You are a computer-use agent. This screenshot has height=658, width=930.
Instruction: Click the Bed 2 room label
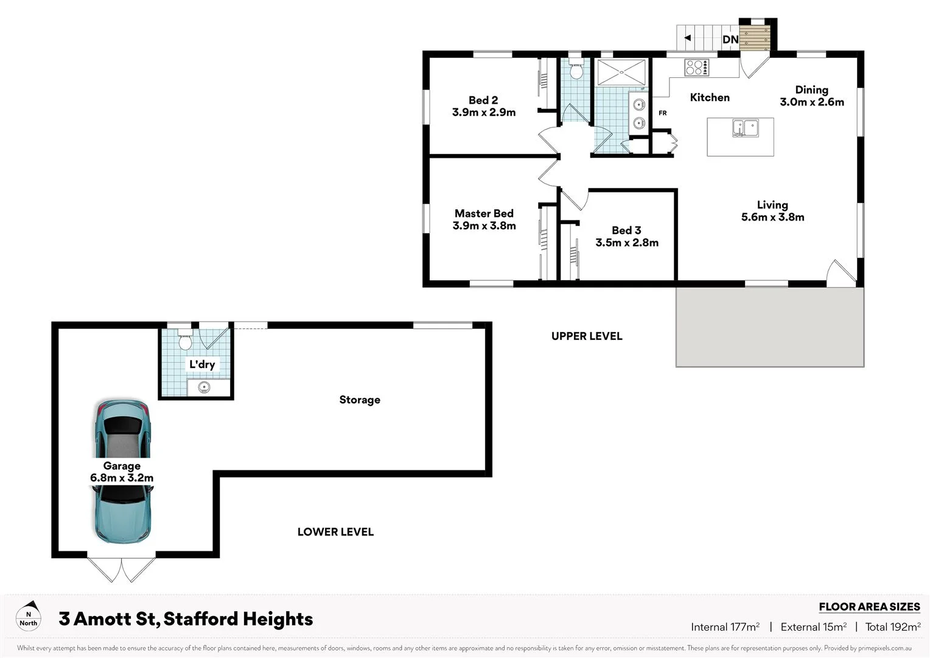pyautogui.click(x=483, y=100)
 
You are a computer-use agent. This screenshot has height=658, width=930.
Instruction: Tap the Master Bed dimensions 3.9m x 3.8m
pyautogui.click(x=484, y=226)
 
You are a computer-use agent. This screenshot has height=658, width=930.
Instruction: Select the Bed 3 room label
pyautogui.click(x=626, y=230)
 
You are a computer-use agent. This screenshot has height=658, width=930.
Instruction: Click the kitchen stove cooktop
pyautogui.click(x=697, y=67)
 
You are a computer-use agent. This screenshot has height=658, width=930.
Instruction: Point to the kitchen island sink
pyautogui.click(x=745, y=128)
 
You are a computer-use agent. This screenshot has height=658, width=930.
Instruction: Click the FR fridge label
pyautogui.click(x=662, y=113)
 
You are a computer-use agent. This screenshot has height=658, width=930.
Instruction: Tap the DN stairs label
pyautogui.click(x=730, y=40)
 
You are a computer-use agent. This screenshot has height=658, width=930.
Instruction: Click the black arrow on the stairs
pyautogui.click(x=687, y=38)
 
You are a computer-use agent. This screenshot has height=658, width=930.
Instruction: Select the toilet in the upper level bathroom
pyautogui.click(x=576, y=69)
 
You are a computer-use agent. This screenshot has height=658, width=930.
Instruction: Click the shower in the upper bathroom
pyautogui.click(x=621, y=73)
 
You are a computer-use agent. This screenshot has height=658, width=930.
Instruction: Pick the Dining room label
pyautogui.click(x=811, y=90)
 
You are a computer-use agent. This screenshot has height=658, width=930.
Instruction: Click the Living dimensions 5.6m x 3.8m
pyautogui.click(x=772, y=218)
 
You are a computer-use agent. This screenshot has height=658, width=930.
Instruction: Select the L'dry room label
pyautogui.click(x=202, y=364)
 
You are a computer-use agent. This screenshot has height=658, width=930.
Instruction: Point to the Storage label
pyautogui.click(x=360, y=400)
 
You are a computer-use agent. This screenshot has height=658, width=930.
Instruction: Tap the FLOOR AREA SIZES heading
pyautogui.click(x=869, y=607)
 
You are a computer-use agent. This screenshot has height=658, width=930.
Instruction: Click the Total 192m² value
pyautogui.click(x=893, y=627)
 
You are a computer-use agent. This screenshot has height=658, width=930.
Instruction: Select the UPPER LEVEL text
pyautogui.click(x=587, y=336)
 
